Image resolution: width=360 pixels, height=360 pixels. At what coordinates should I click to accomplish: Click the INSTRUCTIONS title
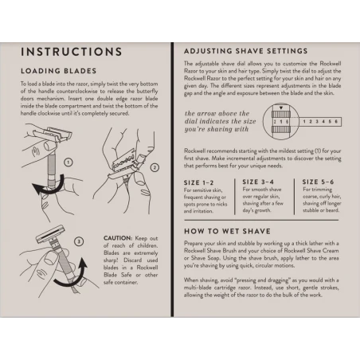pos(72,52)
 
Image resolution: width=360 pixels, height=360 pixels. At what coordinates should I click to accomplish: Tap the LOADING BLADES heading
pos(59,71)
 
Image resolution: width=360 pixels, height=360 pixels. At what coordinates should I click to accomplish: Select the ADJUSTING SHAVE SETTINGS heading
pos(246,51)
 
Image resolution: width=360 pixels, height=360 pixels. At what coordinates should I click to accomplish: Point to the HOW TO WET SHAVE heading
pos(227,231)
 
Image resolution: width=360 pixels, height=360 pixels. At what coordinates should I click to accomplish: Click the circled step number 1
pos(68,162)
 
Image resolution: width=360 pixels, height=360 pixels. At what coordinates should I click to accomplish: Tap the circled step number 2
pos(155,167)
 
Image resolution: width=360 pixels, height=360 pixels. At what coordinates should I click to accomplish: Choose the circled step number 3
pos(79,241)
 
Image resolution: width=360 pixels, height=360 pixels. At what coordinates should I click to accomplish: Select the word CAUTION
pos(118,238)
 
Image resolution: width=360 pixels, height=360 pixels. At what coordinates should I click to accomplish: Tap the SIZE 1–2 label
pos(198,182)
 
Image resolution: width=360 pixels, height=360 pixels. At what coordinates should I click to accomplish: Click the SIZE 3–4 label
pos(258,182)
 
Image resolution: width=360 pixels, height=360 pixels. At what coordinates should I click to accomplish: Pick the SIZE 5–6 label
pos(318,182)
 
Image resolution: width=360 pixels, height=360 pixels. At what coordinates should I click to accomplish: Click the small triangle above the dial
pos(281,108)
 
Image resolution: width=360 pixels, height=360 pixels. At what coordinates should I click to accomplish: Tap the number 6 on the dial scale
pos(336,122)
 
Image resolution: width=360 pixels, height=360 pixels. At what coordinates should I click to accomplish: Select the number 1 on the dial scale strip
pos(304,122)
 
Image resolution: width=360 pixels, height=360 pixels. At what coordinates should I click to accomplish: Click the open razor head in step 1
pos(54,135)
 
